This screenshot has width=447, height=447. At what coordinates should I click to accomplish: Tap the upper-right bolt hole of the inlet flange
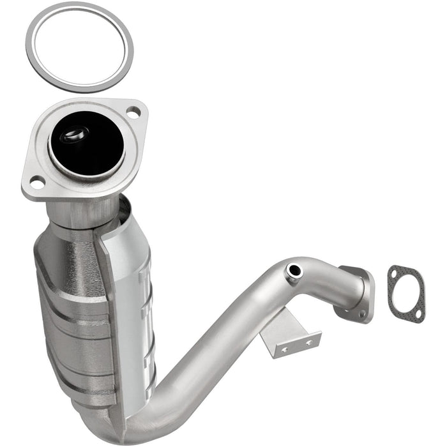point(133,113)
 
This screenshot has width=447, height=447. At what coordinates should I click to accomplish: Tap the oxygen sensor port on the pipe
point(294,271)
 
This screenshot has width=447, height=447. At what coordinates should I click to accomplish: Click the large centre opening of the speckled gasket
point(405,294)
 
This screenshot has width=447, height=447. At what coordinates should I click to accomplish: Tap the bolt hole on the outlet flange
point(362,314)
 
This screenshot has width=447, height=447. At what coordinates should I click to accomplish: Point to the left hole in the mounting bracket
point(285,350)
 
